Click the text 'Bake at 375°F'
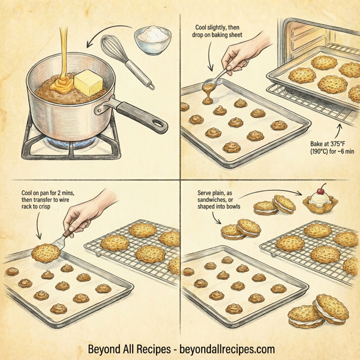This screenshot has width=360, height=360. point(328,144)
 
